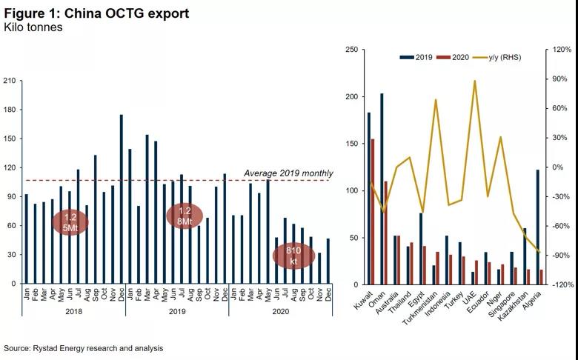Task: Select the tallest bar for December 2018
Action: coord(121,199)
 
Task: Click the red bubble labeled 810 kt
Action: coord(293,256)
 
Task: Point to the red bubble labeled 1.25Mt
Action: coord(70,222)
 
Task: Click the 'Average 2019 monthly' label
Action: coord(288,174)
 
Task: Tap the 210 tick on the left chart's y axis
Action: coord(10,81)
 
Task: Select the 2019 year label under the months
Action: coord(177,333)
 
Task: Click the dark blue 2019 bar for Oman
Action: coord(382,189)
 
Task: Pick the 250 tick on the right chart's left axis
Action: coord(353,50)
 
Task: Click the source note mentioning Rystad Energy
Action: coord(83,347)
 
